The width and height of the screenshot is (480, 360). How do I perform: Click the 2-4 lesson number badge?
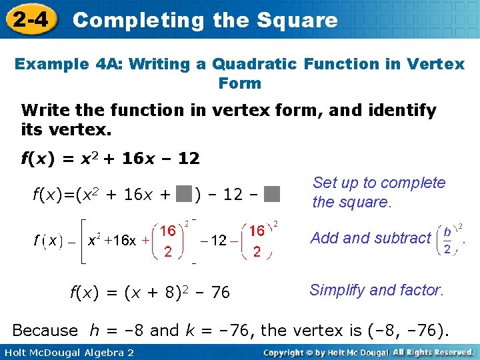click(x=29, y=19)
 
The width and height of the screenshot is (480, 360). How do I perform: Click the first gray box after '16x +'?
click(x=185, y=194)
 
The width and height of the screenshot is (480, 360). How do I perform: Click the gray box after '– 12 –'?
click(x=271, y=194)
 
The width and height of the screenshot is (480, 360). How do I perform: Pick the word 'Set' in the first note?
click(x=326, y=183)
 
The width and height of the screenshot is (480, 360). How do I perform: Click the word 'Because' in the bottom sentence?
click(x=45, y=330)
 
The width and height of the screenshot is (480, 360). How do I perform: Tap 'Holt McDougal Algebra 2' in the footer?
click(x=67, y=351)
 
